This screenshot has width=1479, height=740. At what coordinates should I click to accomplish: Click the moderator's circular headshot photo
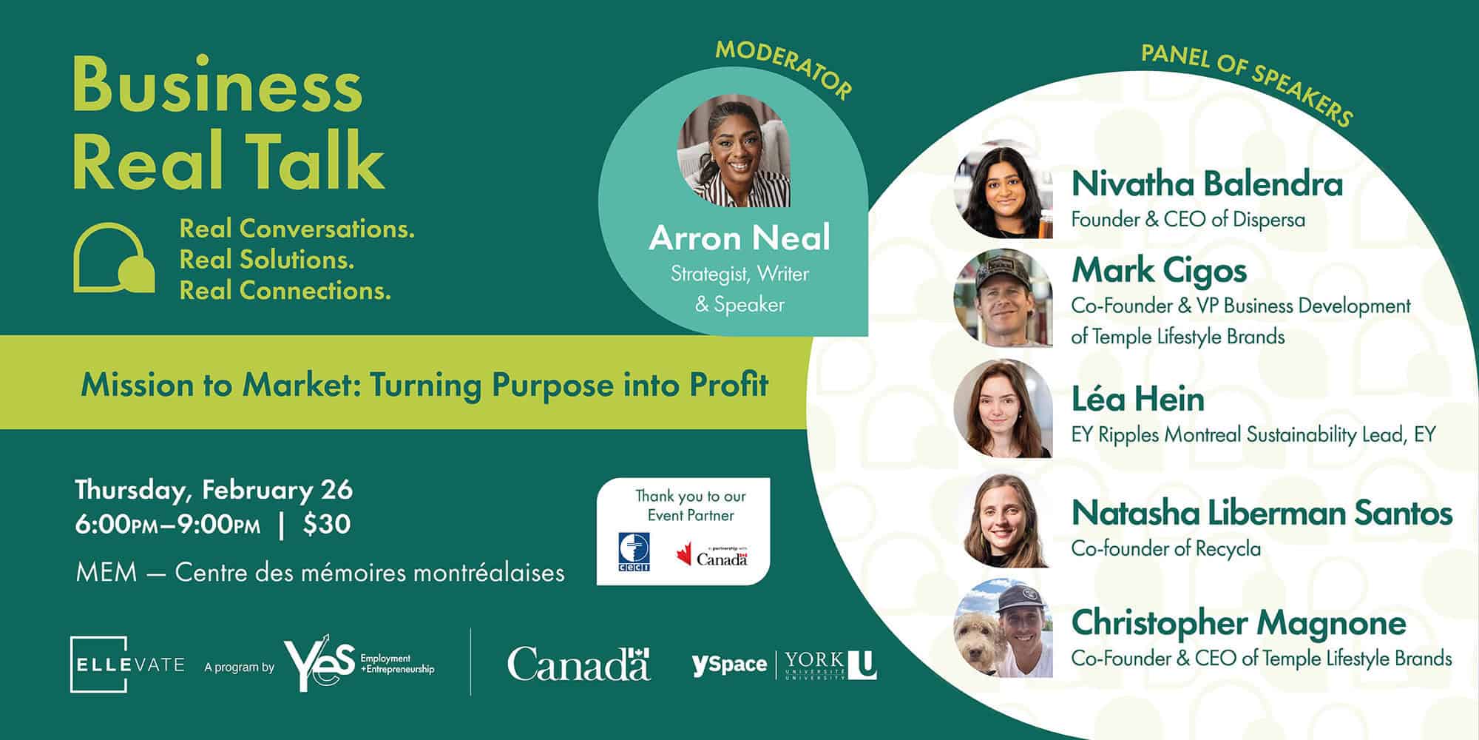734,150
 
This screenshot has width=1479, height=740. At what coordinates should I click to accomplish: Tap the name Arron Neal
739,238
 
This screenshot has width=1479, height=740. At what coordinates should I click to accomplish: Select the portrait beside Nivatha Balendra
1004,189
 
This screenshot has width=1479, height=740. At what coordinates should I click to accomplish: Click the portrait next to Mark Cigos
1004,298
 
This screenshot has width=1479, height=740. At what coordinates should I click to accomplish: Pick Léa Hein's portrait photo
1004,408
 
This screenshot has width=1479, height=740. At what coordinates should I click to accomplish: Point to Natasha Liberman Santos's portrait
1004,518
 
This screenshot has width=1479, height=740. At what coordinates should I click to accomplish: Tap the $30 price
326,524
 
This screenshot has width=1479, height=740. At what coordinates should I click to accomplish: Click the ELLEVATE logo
128,665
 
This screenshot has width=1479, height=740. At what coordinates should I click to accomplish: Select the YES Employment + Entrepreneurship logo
359,663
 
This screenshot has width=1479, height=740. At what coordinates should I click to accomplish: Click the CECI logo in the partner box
634,552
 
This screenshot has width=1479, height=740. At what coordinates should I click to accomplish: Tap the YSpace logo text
729,664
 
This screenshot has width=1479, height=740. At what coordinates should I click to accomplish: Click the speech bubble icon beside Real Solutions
114,258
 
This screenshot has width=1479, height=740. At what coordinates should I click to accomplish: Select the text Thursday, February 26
214,490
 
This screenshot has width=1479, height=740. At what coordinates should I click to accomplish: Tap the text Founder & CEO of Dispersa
1188,220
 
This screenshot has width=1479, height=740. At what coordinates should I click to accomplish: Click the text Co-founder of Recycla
1166,548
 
